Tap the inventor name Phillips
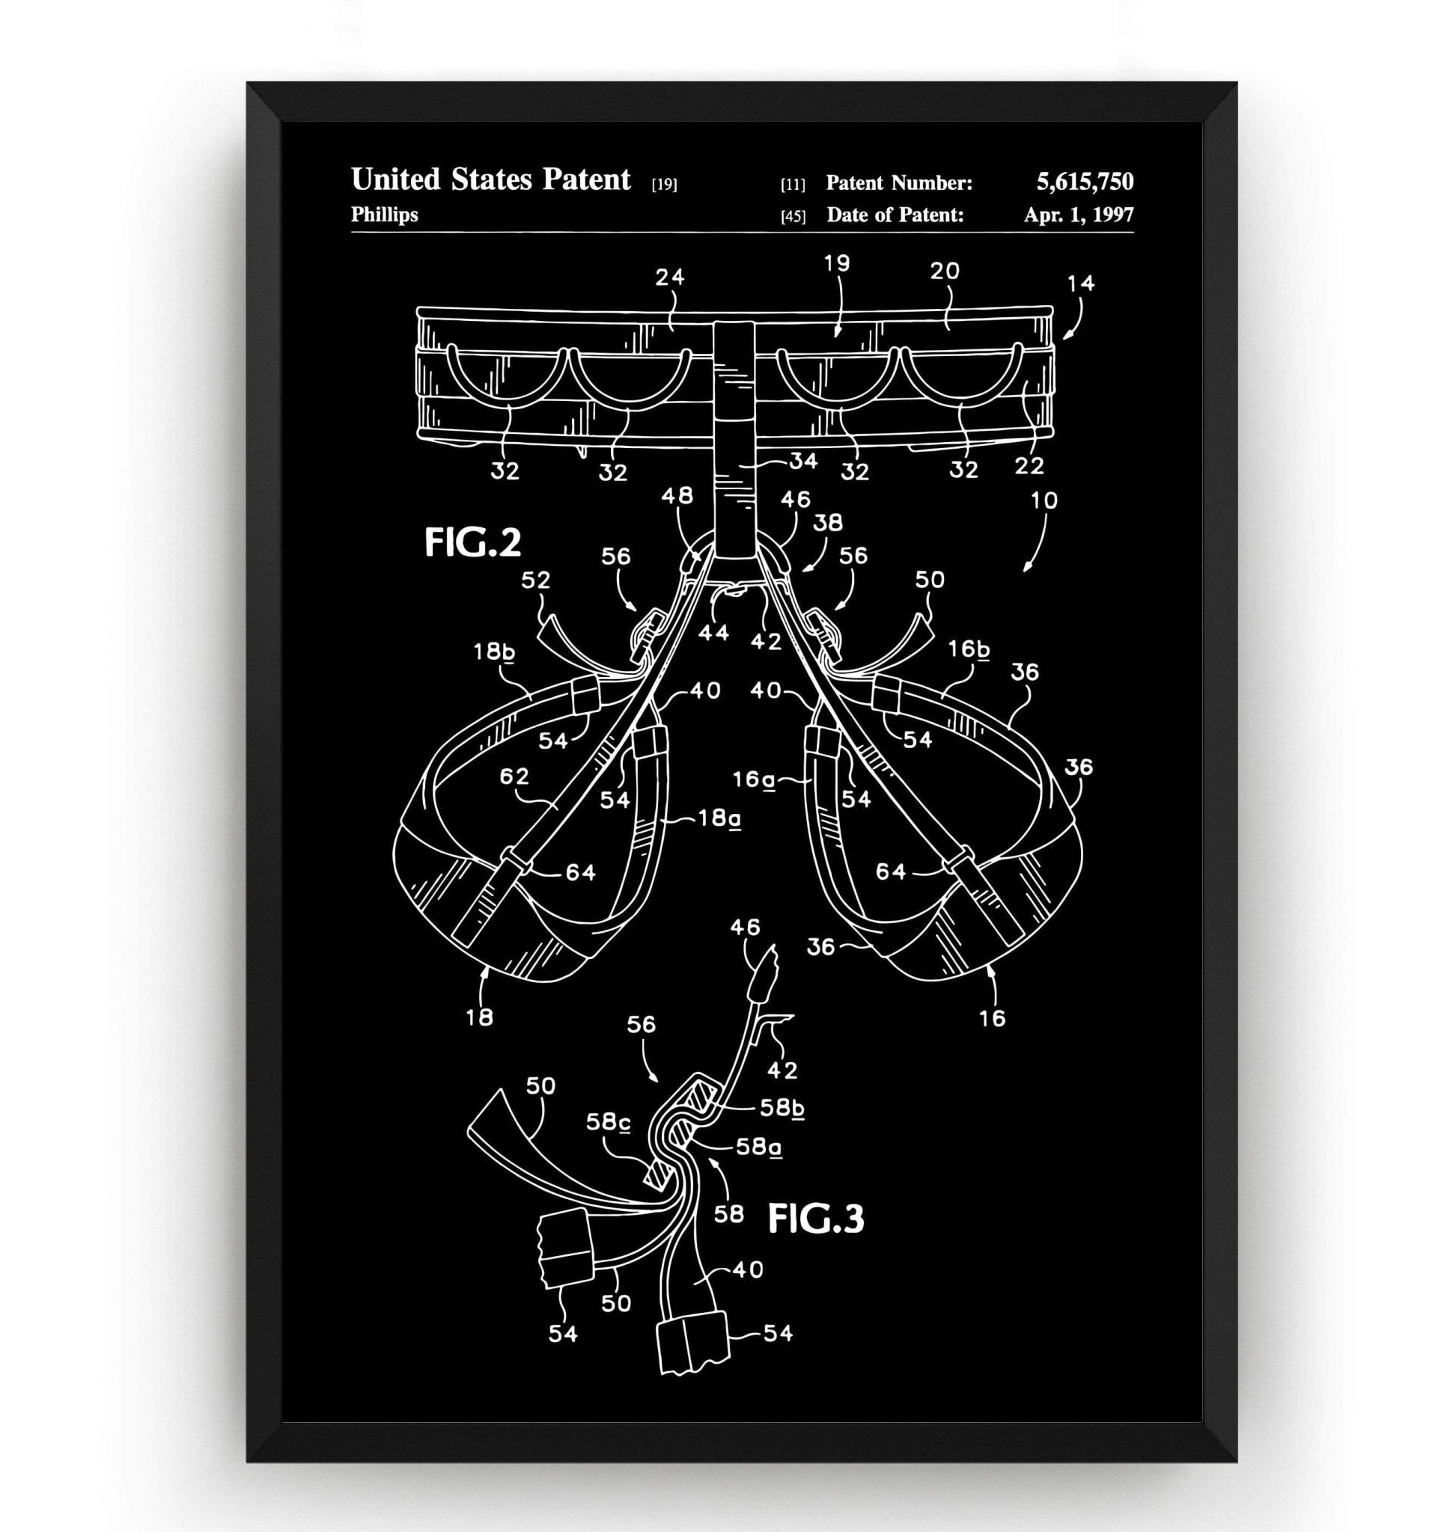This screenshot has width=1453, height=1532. point(384,215)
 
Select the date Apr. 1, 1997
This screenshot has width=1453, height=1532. point(1078,215)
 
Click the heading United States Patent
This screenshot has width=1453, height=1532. point(491,180)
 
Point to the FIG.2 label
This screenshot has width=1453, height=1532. point(472,542)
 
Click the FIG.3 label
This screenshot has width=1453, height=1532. point(815,1219)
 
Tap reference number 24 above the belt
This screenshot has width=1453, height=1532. point(670,276)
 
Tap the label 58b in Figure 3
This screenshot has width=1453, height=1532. point(782,1108)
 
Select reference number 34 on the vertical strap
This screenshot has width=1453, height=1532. point(803,462)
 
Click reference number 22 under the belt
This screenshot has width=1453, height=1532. point(1029,465)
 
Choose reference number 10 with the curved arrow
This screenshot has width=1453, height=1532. point(1044,500)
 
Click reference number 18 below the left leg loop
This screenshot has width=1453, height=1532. point(479,1017)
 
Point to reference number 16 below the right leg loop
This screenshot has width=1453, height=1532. point(992,1017)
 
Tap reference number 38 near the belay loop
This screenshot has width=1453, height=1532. point(827,523)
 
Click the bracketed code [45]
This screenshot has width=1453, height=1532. point(792,217)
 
